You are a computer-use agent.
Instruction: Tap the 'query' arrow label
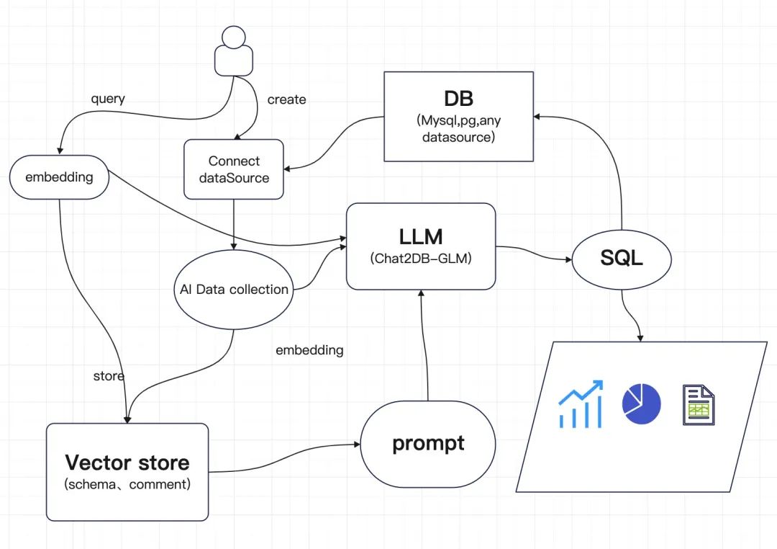108,99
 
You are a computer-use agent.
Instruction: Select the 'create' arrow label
286,99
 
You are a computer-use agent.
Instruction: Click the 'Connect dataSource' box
234,169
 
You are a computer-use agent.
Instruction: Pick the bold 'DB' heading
458,97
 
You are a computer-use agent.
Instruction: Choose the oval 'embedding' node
59,177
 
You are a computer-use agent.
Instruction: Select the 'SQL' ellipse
622,258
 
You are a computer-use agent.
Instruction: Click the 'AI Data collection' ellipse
233,290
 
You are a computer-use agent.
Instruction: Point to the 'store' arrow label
109,376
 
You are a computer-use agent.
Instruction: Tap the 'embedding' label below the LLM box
309,350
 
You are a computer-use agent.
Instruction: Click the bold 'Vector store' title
127,462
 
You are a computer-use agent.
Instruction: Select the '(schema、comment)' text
127,485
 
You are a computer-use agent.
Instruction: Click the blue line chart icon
581,405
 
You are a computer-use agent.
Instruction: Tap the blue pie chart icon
641,404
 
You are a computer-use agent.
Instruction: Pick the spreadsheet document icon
698,405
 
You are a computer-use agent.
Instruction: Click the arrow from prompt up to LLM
429,346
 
